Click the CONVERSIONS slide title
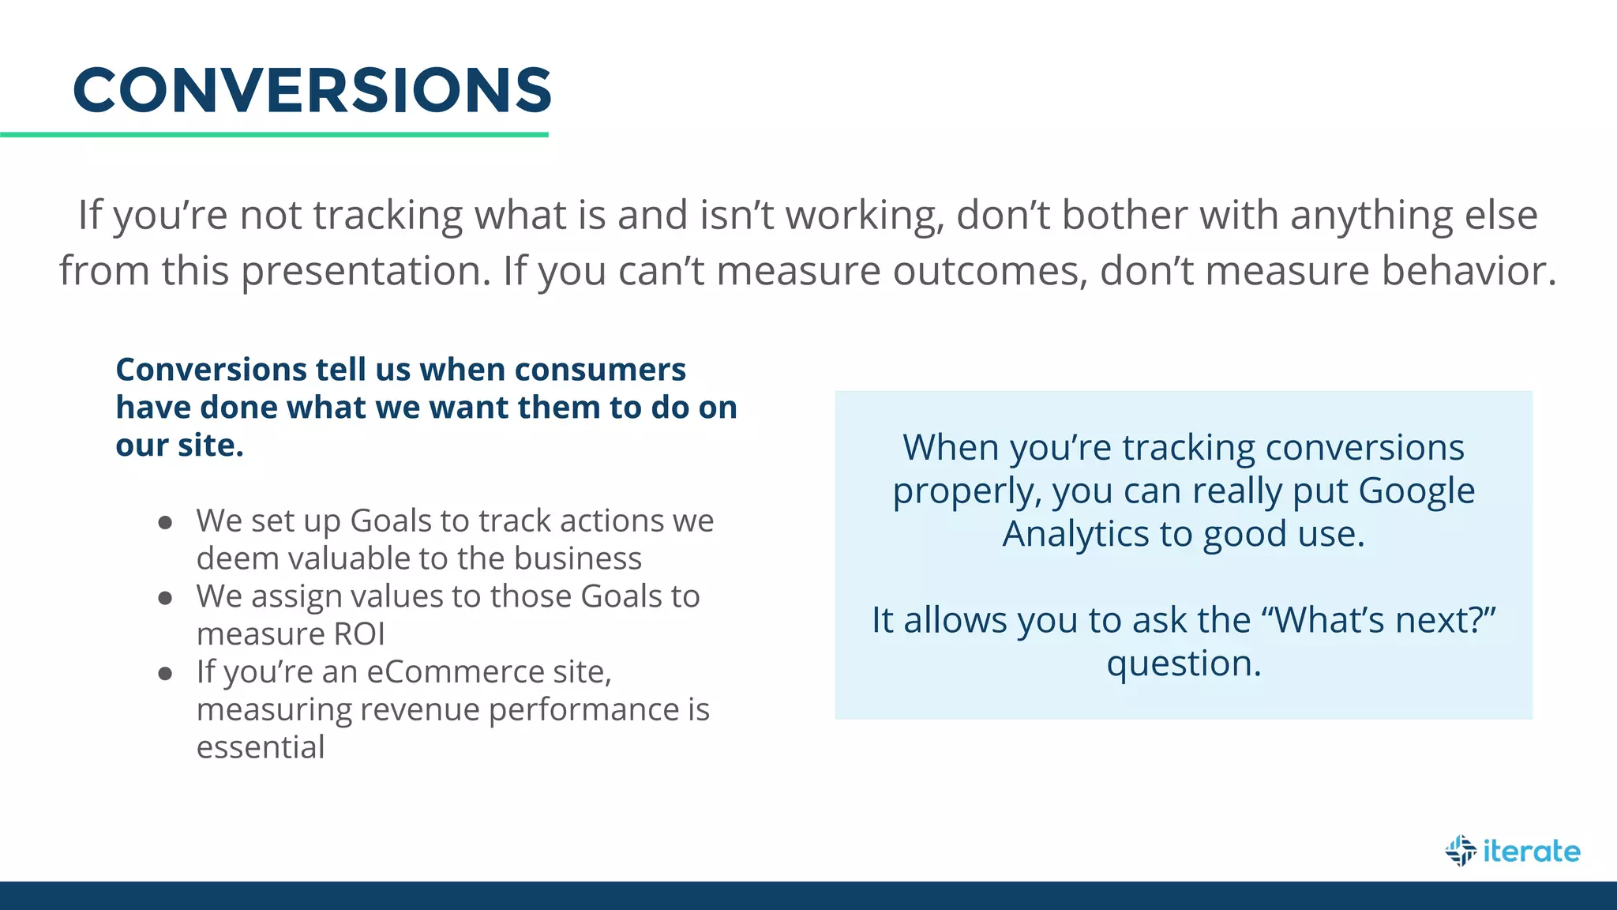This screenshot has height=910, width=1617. point(312,90)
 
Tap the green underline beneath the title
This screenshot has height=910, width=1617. point(274,135)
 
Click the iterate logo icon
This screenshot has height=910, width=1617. point(1461,851)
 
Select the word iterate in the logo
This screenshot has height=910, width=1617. point(1531,851)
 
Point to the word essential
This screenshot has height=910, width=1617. point(261,747)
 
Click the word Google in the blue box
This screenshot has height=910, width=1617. point(1416,491)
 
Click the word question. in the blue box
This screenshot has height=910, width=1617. point(1184,664)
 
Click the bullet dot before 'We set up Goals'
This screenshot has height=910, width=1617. point(165,522)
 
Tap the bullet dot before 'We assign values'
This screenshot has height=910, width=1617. point(165,598)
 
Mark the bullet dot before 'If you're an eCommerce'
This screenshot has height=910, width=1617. point(165,674)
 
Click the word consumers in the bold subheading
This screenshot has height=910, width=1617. point(600,370)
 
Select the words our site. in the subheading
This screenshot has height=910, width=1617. point(179,446)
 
